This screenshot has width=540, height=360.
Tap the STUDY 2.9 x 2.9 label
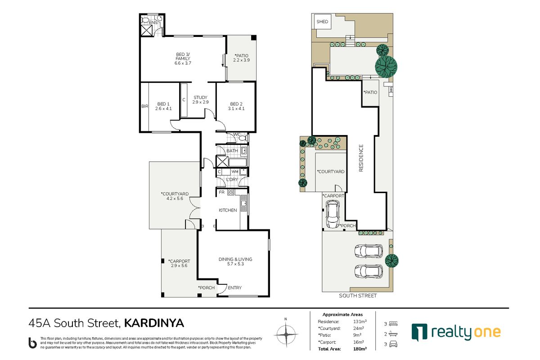[200, 100]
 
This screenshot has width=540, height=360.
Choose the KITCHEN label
[228, 210]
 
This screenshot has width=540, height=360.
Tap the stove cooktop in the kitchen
[230, 193]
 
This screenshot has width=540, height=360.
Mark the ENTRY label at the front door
[234, 288]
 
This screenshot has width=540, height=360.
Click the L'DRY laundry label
[232, 180]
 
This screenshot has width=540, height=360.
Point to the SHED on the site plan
[322, 22]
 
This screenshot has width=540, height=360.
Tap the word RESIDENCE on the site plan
[361, 158]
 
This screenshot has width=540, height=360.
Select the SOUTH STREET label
[358, 296]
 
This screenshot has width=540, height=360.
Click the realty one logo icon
[418, 332]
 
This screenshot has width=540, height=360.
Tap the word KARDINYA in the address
[154, 323]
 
